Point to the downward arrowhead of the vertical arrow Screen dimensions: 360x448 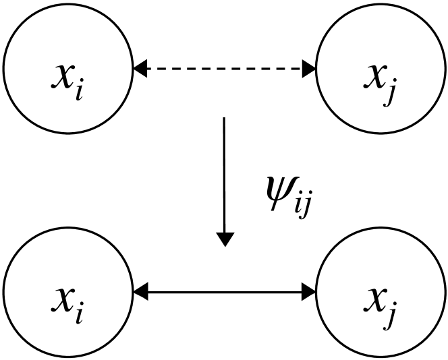225,239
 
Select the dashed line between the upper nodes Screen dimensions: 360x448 225,68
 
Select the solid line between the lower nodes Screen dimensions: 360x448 225,292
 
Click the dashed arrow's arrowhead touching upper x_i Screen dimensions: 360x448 140,68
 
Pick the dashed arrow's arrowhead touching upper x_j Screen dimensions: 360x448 309,68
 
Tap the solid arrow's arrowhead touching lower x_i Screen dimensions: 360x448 140,292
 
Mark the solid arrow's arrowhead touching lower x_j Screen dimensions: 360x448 309,292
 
